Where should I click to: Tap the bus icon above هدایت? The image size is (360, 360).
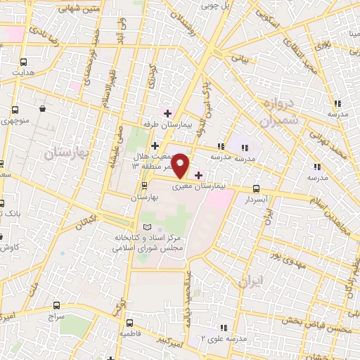tap(24, 62)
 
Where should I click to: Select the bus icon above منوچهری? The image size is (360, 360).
tap(15, 110)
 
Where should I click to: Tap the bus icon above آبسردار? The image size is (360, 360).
tap(256, 188)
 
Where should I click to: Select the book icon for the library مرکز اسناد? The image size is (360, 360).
tap(147, 227)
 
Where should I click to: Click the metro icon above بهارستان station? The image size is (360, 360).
tap(144, 186)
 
